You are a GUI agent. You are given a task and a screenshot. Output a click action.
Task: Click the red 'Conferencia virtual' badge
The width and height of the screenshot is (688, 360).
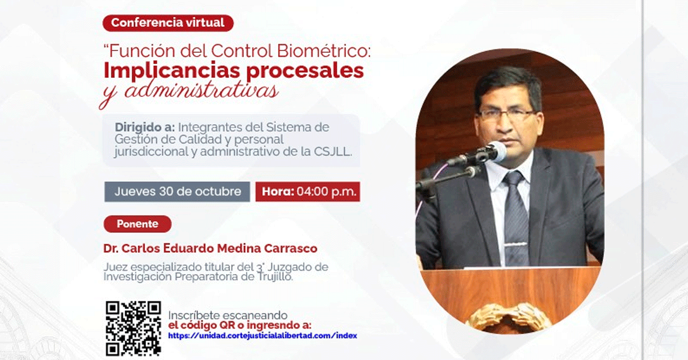coord(168,23)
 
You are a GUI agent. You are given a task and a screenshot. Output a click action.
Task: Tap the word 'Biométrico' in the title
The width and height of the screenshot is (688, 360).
coord(324,50)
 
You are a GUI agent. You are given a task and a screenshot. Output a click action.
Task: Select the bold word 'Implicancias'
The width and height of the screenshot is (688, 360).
coord(171,71)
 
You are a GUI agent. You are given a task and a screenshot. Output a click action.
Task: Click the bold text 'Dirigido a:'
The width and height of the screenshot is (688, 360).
coord(144,127)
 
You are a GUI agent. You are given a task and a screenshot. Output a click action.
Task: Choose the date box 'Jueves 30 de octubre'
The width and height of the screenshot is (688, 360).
coord(177,191)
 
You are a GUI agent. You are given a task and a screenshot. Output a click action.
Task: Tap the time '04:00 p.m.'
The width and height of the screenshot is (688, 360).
coord(326,191)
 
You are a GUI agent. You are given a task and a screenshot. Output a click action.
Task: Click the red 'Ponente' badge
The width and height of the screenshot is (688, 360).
coord(137,224)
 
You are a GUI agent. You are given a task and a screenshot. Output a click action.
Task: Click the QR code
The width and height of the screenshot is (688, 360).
coord(133,328)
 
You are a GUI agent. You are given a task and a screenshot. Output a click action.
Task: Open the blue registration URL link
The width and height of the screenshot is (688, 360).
coord(263,335)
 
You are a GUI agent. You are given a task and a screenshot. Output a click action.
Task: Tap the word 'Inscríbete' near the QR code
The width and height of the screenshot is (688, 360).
coord(194,315)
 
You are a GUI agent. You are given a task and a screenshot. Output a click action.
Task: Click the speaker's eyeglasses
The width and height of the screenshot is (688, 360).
coord(507,115)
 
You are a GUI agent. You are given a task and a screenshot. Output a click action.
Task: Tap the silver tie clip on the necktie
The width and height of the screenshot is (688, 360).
coord(515,245)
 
